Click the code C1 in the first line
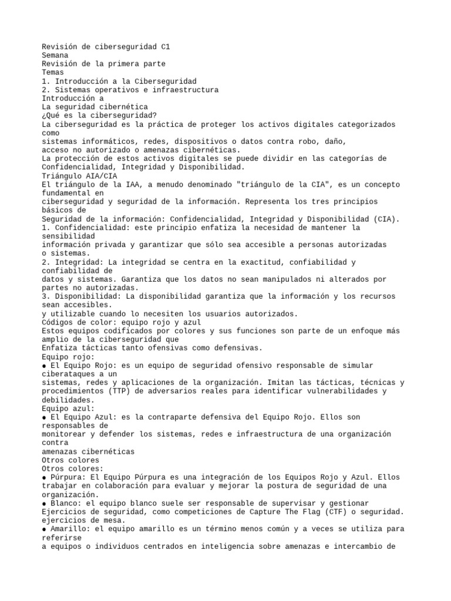pos(165,46)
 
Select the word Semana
pos(55,55)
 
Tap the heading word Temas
pos(53,72)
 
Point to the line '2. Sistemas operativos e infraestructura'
pos(130,90)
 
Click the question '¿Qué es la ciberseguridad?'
pos(102,116)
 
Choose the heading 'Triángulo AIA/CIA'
pos(80,175)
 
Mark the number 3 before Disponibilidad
pos(44,296)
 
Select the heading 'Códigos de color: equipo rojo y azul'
pos(122,322)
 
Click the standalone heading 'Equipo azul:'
pos(68,408)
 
